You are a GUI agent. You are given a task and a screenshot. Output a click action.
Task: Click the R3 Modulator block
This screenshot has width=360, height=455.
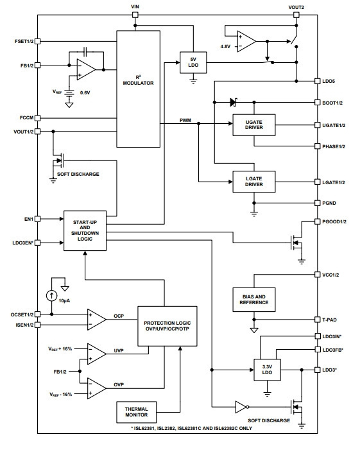(x=139, y=89)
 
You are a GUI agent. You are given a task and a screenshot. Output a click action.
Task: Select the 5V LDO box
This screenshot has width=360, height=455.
(x=193, y=62)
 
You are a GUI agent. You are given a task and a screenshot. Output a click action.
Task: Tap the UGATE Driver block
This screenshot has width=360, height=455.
(x=254, y=124)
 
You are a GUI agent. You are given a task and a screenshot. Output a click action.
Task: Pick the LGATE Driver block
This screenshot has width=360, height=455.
(x=254, y=182)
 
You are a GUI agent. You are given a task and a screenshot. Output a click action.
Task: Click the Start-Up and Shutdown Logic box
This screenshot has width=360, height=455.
(x=85, y=230)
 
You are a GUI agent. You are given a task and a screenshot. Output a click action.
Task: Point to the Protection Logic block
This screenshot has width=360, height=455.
(x=167, y=326)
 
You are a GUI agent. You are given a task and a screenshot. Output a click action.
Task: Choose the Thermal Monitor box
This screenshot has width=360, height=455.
(x=136, y=412)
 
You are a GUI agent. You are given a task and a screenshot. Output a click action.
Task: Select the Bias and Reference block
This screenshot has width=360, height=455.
(x=254, y=300)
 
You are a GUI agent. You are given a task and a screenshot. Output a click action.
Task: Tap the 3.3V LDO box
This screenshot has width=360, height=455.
(x=267, y=370)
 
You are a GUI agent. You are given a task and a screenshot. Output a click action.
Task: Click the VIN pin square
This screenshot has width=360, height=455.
(x=135, y=15)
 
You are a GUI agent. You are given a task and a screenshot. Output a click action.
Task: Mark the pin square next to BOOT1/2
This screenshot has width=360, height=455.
(x=318, y=103)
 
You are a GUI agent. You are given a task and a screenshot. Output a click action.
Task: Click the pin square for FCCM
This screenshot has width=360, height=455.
(x=37, y=118)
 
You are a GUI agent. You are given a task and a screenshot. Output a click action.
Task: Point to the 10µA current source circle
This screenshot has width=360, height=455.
(x=51, y=296)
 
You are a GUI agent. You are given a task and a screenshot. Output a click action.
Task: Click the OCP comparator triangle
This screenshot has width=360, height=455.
(x=97, y=320)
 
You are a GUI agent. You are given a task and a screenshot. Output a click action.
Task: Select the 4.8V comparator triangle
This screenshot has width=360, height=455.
(x=246, y=42)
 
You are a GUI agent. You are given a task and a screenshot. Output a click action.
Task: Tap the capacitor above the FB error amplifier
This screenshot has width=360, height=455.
(x=85, y=52)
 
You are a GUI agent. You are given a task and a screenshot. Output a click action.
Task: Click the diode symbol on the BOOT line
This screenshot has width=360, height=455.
(x=234, y=102)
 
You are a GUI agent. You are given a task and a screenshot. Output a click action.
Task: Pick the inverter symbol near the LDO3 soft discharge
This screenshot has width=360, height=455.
(x=242, y=407)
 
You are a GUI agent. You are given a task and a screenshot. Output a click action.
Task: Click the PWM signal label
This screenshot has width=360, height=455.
(x=185, y=120)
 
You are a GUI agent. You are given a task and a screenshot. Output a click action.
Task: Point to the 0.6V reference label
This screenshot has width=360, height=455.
(x=85, y=93)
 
